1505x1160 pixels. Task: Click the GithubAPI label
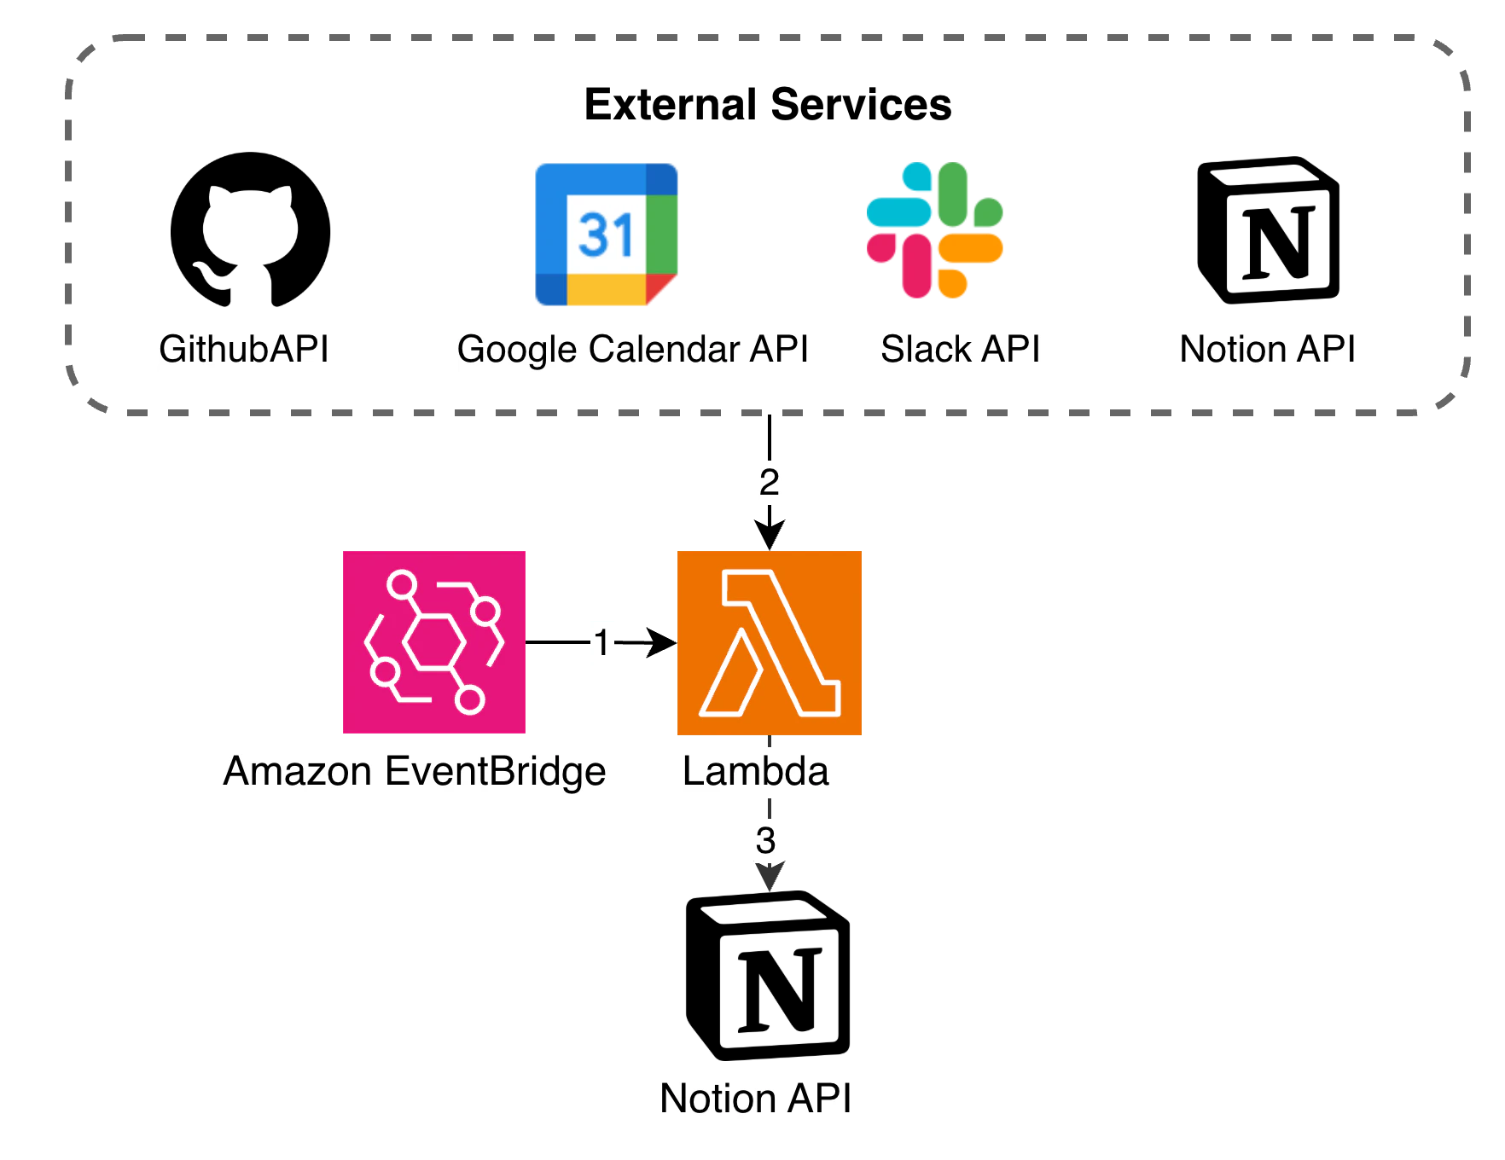[245, 350]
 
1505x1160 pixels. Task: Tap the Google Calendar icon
[606, 232]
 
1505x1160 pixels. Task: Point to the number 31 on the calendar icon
[606, 235]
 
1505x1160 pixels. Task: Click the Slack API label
[962, 350]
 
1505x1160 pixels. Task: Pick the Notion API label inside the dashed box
[1268, 350]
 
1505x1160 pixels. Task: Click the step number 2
[770, 482]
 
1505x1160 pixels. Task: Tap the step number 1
[601, 643]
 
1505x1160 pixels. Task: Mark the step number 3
[766, 840]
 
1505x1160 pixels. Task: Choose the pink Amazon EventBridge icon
[433, 641]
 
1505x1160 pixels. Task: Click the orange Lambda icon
[770, 641]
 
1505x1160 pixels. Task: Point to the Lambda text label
[757, 771]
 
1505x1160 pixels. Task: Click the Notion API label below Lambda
[755, 1099]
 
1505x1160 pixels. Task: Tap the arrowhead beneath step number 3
[768, 877]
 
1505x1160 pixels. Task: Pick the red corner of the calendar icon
[660, 288]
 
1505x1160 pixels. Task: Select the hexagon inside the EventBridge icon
[433, 642]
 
